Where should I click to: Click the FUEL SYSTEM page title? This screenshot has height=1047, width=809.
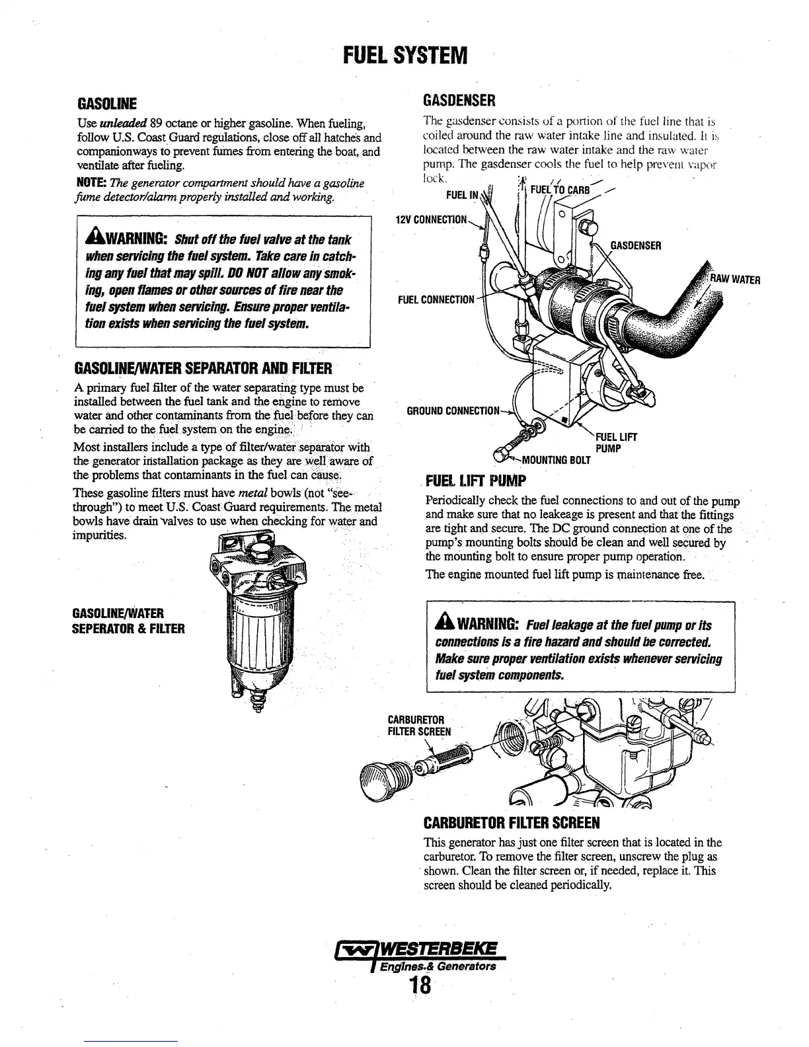404,53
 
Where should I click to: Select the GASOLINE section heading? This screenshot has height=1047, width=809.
107,104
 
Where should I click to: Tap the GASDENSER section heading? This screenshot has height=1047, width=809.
459,100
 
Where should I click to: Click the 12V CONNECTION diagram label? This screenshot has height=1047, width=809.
432,219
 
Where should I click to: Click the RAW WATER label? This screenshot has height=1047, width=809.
736,279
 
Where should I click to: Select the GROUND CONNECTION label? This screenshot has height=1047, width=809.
453,410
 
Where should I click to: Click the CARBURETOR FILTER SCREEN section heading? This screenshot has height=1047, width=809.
511,824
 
